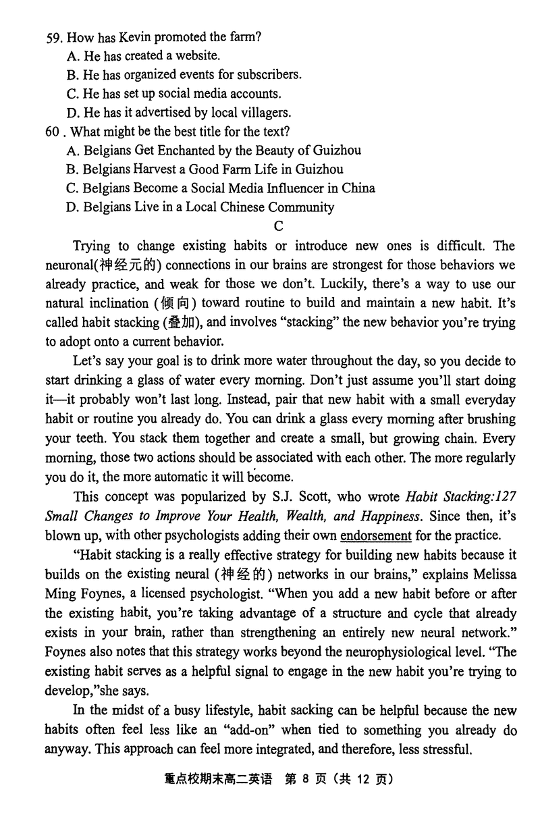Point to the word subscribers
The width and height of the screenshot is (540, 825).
tap(265, 76)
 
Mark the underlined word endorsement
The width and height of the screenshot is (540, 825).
tap(376, 536)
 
